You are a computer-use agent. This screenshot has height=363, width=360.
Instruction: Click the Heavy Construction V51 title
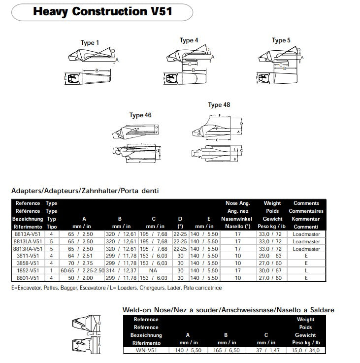click(x=102, y=11)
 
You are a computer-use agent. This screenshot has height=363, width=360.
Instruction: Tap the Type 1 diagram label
click(x=90, y=43)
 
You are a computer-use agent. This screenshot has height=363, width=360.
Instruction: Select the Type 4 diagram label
click(x=189, y=40)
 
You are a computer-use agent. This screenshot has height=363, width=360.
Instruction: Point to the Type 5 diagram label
click(x=282, y=40)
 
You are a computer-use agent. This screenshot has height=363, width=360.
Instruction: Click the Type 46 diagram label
click(x=140, y=115)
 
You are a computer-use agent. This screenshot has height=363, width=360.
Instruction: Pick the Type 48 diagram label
click(x=219, y=104)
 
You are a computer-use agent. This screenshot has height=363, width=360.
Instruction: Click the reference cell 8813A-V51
click(x=28, y=234)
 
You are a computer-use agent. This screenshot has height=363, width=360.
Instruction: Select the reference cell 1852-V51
click(x=28, y=270)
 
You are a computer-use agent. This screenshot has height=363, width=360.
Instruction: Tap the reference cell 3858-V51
click(x=28, y=264)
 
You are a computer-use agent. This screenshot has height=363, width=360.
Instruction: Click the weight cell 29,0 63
click(x=272, y=256)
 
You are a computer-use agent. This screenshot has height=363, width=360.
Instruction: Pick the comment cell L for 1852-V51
click(x=306, y=270)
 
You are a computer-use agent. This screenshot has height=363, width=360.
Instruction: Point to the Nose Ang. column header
click(x=238, y=203)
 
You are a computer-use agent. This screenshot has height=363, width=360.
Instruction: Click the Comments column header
click(x=306, y=203)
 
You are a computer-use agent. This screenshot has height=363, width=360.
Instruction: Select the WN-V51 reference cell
click(x=146, y=350)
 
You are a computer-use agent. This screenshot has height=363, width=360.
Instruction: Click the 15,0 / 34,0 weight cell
click(x=306, y=350)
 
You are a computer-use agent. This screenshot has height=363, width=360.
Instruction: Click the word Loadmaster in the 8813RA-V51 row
click(x=306, y=249)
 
